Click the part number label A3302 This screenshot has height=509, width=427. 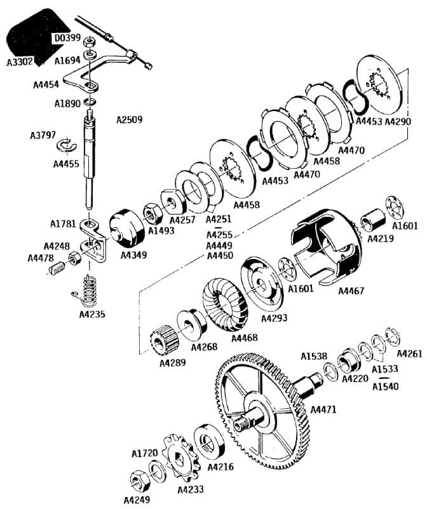coord(20,63)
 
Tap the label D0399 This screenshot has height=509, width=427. coord(67,38)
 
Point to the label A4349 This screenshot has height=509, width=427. coord(133,255)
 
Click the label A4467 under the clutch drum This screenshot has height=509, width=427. coord(351,291)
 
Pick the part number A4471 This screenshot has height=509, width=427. coord(323,409)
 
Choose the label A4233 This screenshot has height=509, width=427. coord(190,489)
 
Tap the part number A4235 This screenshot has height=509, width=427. coord(93,314)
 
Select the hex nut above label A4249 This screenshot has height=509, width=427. coord(137,480)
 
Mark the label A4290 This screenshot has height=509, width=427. coord(399,121)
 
